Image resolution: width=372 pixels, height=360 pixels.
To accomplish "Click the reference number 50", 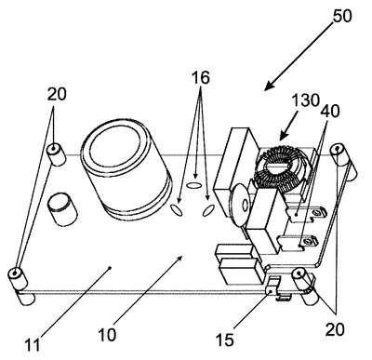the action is [342, 15].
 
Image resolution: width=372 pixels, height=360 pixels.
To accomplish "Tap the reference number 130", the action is [306, 100].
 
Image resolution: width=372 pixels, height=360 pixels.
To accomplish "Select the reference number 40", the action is [330, 111].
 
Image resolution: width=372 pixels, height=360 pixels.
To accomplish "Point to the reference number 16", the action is [201, 77].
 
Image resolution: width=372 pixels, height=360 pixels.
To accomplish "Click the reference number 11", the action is [32, 344].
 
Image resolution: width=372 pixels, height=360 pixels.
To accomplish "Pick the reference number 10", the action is [108, 335].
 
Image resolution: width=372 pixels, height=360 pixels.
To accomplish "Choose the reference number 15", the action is [225, 340].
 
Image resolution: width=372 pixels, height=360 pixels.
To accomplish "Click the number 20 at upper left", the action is [57, 94].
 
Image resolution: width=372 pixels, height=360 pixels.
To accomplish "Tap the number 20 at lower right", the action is [335, 329].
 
